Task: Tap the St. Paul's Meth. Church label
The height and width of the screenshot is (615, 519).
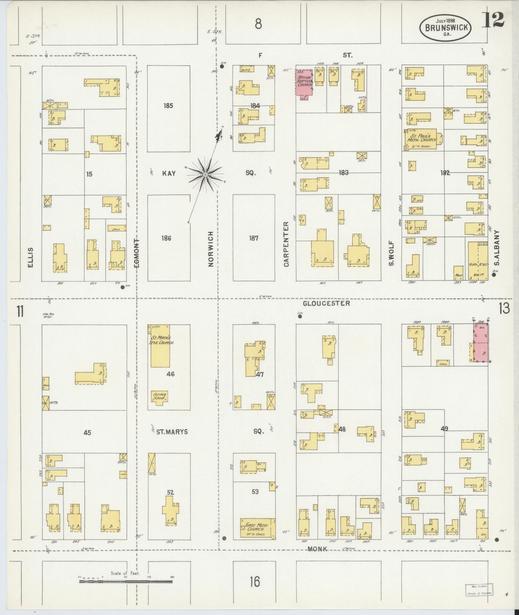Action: point(422,138)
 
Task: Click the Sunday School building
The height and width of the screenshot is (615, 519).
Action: point(159,397)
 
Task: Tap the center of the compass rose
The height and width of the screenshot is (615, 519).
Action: point(205,175)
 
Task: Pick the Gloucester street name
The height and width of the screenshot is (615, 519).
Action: point(326,304)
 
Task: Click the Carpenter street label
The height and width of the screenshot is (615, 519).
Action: point(286,244)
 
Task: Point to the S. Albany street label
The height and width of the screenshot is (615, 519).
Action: point(497,248)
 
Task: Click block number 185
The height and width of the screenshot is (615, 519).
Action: point(168,106)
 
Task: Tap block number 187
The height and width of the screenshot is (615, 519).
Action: point(254,238)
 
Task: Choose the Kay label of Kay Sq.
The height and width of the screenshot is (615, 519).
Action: point(168,173)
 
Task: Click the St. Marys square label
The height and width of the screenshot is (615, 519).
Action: point(172,432)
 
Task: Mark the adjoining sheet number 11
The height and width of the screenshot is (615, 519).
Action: point(20,311)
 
